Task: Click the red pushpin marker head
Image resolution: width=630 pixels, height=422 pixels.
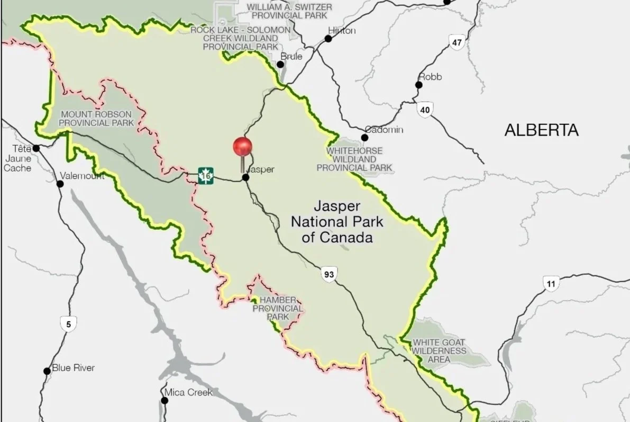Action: tap(243, 147)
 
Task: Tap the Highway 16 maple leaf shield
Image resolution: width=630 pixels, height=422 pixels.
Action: tap(206, 175)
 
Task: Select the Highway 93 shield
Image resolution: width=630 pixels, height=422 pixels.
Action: tap(328, 274)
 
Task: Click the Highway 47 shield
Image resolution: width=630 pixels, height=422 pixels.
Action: tap(457, 42)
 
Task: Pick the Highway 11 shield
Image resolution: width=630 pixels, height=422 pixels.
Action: tap(551, 284)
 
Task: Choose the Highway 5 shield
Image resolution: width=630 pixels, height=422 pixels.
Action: tap(67, 324)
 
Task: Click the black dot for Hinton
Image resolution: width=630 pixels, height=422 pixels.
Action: tap(328, 39)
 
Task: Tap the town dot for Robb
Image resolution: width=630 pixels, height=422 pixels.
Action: tap(419, 85)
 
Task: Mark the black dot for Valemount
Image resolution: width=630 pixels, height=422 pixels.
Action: tap(60, 184)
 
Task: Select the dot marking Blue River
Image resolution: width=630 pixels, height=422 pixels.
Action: tap(47, 371)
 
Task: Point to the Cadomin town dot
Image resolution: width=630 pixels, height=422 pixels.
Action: tap(364, 138)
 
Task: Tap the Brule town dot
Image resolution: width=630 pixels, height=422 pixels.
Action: tap(281, 65)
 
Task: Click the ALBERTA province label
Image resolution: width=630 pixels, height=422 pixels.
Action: tap(541, 130)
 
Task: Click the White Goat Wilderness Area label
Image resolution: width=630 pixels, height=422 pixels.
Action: tap(440, 351)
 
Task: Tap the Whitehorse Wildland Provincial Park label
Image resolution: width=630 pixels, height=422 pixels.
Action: tap(354, 159)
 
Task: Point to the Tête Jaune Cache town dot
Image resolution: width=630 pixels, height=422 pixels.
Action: tap(36, 148)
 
